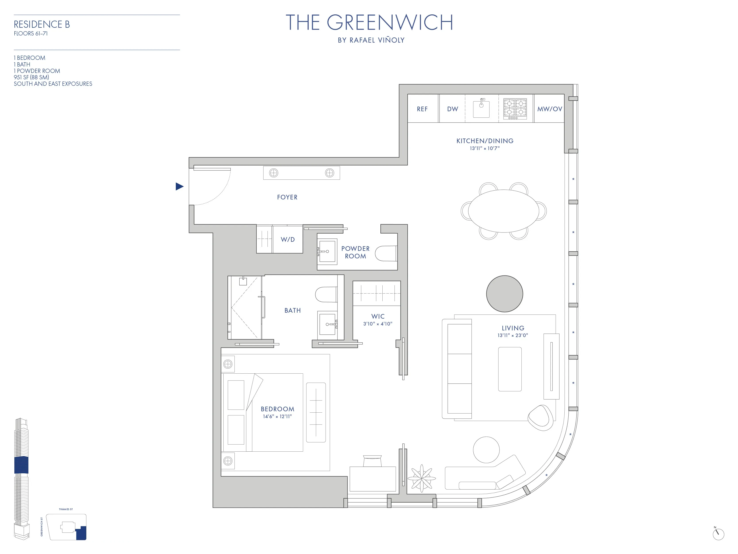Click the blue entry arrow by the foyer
180,186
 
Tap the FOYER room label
287,197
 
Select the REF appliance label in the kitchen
422,109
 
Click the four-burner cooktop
515,109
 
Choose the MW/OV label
550,109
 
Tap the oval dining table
504,211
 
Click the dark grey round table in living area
504,294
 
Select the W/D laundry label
288,239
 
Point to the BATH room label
292,310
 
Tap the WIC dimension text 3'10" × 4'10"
378,324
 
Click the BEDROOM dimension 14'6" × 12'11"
277,416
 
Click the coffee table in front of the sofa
510,369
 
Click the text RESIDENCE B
42,24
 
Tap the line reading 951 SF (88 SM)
31,77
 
